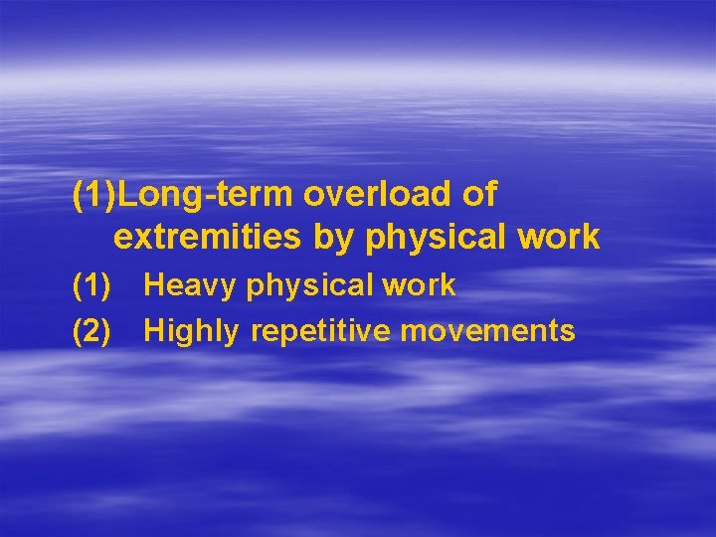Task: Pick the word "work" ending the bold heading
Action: click(564, 238)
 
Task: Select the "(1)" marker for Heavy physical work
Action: click(91, 286)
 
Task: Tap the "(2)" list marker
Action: click(91, 330)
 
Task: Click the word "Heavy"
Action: click(190, 286)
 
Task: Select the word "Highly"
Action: click(192, 331)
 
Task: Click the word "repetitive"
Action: click(320, 330)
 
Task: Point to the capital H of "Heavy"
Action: click(154, 286)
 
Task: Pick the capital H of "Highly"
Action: click(154, 330)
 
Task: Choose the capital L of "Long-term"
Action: click(126, 195)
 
